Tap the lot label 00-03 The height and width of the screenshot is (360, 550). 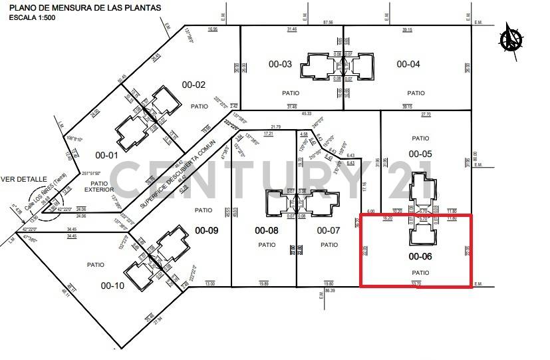pos(280,65)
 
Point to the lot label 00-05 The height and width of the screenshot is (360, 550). pos(420,154)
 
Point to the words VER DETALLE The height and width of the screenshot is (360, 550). pos(23,179)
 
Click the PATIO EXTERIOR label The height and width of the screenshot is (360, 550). pos(99,186)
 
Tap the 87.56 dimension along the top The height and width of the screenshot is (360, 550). pos(328,23)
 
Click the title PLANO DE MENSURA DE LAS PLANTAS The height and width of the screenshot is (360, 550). pos(84,8)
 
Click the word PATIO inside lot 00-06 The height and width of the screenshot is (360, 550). pos(420,273)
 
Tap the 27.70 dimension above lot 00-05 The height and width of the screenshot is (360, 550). pos(426,114)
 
